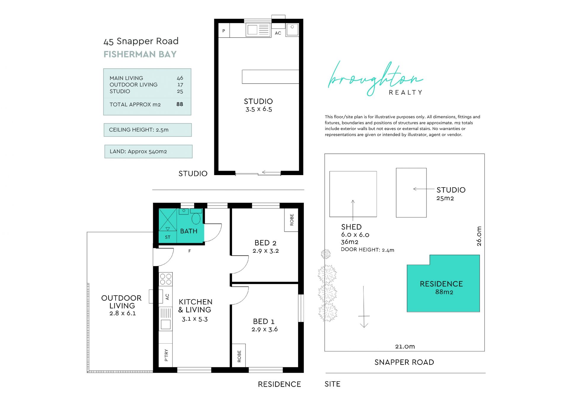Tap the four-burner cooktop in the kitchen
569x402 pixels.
pyautogui.click(x=166, y=279)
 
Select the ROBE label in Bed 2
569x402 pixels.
pyautogui.click(x=292, y=220)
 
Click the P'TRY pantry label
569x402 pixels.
pyautogui.click(x=166, y=355)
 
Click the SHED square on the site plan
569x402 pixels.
pyautogui.click(x=353, y=194)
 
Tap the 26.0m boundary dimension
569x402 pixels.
pyautogui.click(x=479, y=236)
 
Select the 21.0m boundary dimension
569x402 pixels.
pyautogui.click(x=405, y=346)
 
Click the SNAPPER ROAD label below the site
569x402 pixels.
pyautogui.click(x=404, y=362)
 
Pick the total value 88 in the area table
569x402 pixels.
pyautogui.click(x=180, y=104)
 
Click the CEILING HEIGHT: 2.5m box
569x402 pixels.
pyautogui.click(x=148, y=130)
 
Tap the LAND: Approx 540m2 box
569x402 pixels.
pyautogui.click(x=148, y=151)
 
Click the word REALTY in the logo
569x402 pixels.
pyautogui.click(x=405, y=92)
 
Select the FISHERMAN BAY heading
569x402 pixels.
pyautogui.click(x=140, y=54)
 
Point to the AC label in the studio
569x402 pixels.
pyautogui.click(x=278, y=33)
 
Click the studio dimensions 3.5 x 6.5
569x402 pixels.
pyautogui.click(x=258, y=109)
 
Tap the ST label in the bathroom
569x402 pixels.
pyautogui.click(x=167, y=237)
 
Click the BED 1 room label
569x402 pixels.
pyautogui.click(x=264, y=321)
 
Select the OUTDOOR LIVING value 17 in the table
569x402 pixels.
pyautogui.click(x=180, y=85)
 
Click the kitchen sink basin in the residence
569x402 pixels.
pyautogui.click(x=166, y=324)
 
